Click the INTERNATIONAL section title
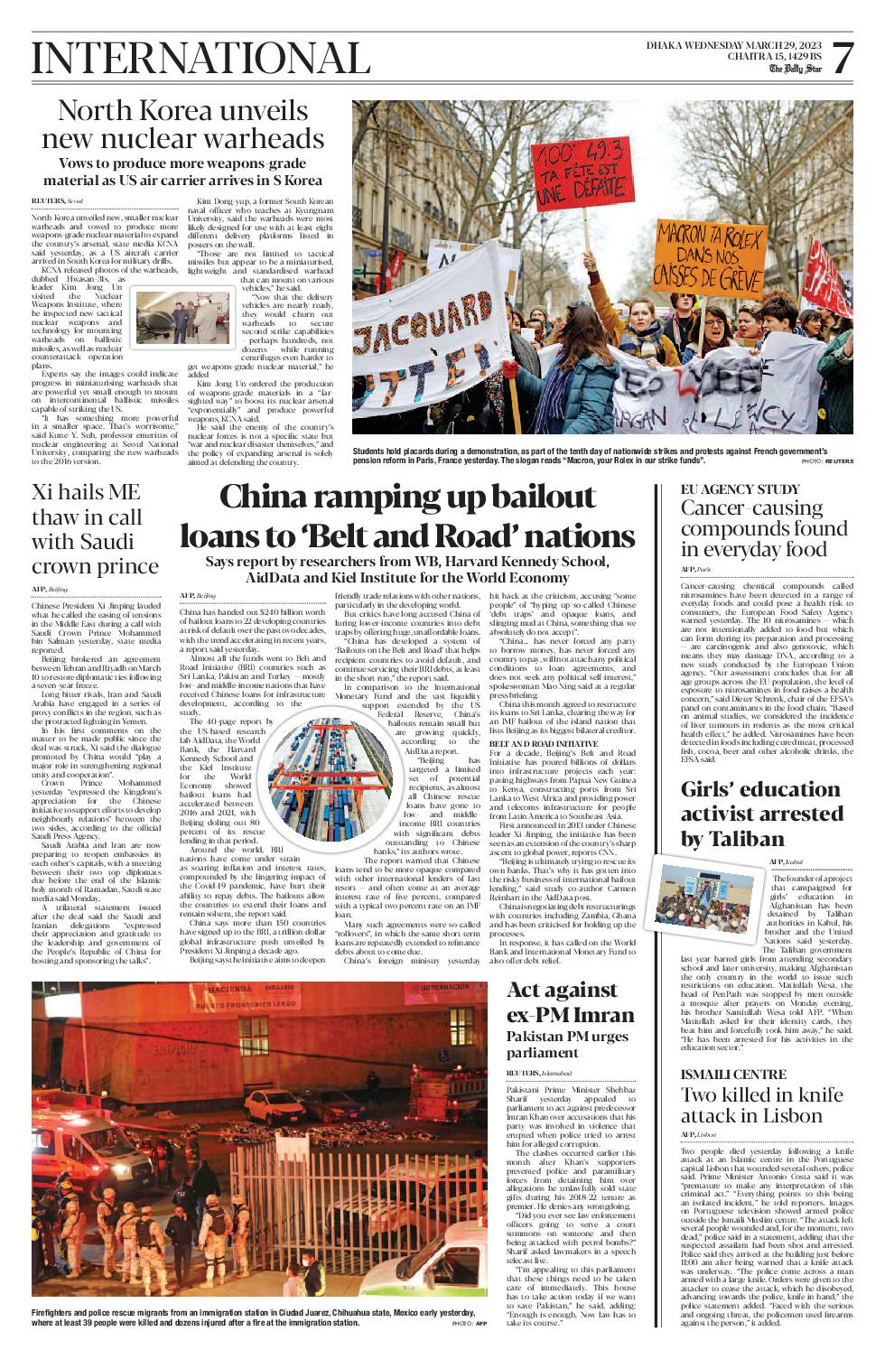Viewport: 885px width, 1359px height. coord(200,59)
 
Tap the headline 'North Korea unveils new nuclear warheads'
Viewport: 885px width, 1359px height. coord(182,125)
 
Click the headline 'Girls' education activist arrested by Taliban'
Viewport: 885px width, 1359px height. coord(761,814)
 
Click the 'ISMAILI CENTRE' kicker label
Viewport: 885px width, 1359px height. coord(733,1075)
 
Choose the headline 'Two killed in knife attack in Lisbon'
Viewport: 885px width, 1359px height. coord(761,1105)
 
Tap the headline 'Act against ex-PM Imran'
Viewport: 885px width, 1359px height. coord(570,1002)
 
